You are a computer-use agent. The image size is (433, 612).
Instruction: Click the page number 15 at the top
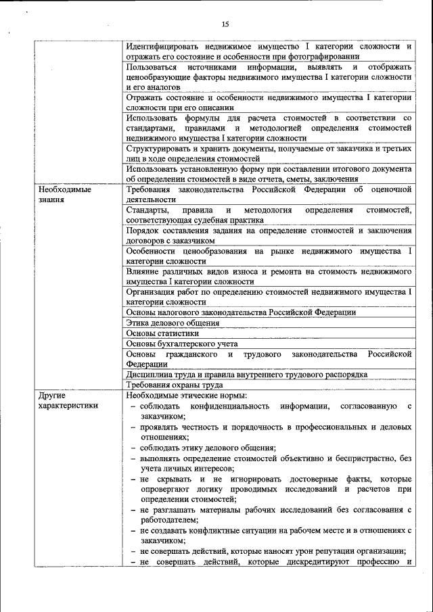[x=225, y=25]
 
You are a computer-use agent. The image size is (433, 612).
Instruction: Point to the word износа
[x=245, y=271]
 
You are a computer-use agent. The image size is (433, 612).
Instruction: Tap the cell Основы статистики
[x=162, y=333]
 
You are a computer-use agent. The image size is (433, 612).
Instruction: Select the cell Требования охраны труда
[x=175, y=384]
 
